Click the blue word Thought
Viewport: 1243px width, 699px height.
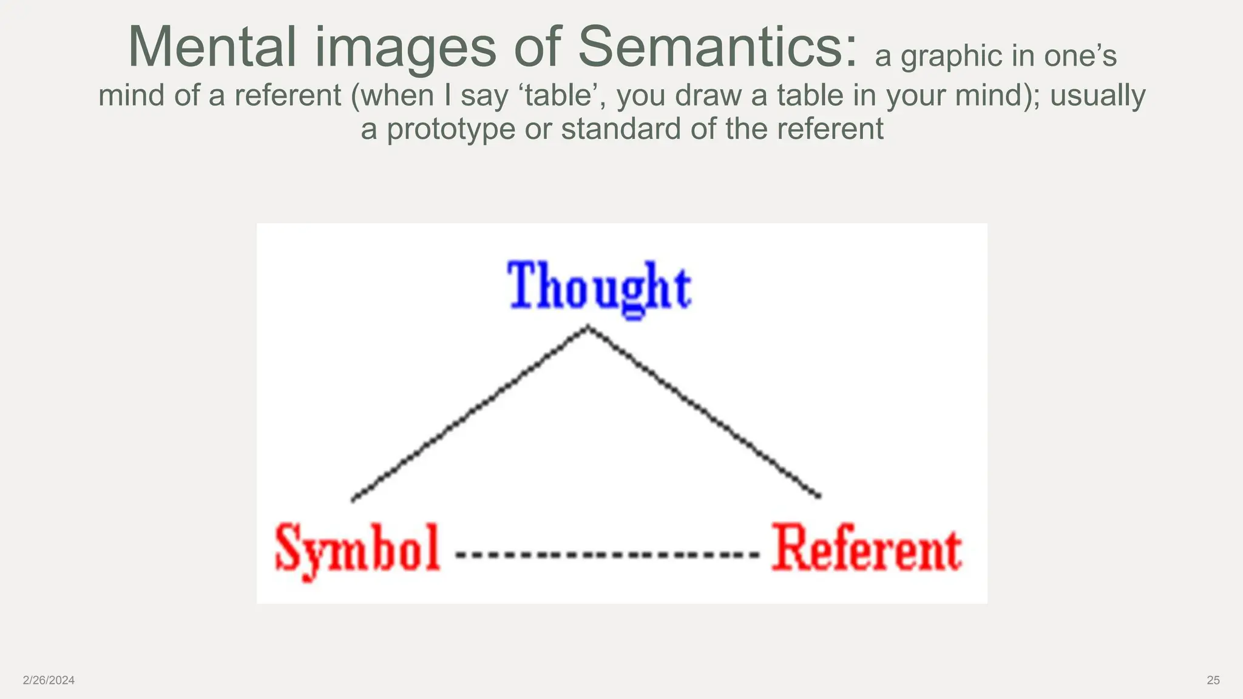pyautogui.click(x=599, y=288)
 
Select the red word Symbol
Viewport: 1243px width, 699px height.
pyautogui.click(x=357, y=549)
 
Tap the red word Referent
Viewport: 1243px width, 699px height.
pyautogui.click(x=866, y=549)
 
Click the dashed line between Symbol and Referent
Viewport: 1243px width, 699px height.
pyautogui.click(x=607, y=554)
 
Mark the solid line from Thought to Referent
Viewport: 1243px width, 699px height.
pyautogui.click(x=704, y=412)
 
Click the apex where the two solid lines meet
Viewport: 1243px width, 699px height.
pyautogui.click(x=588, y=328)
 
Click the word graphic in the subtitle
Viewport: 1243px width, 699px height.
pyautogui.click(x=951, y=56)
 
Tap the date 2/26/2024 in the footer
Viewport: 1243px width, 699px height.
pyautogui.click(x=49, y=680)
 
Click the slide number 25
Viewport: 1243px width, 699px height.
pyautogui.click(x=1213, y=680)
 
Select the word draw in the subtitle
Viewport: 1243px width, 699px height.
pyautogui.click(x=711, y=95)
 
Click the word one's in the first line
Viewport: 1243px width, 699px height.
pyautogui.click(x=1080, y=56)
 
